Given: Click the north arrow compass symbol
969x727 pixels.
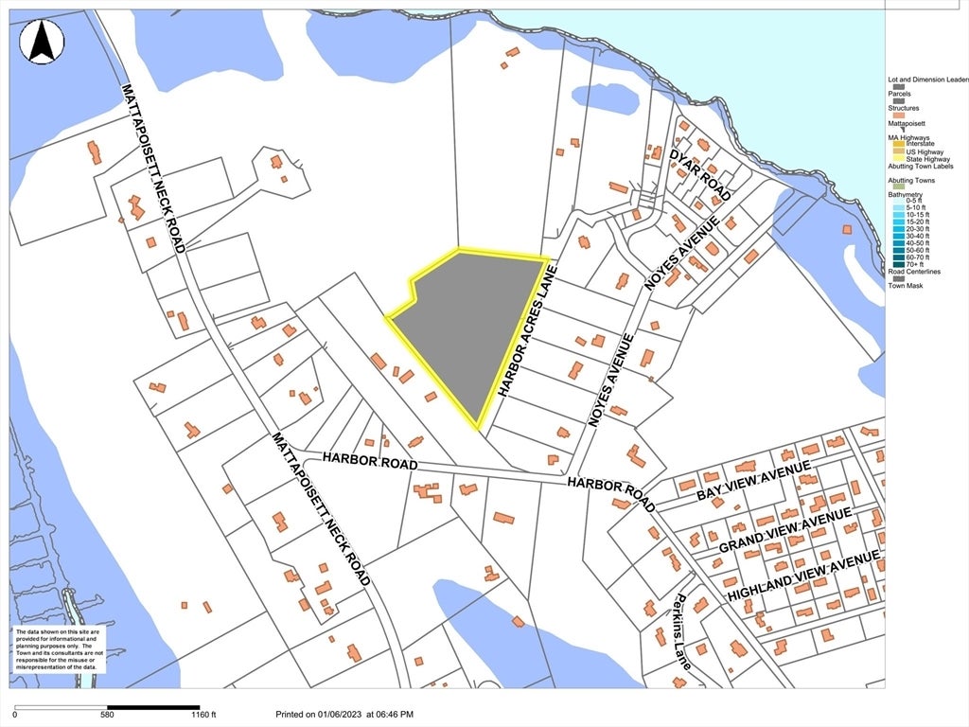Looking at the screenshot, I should coord(42,42).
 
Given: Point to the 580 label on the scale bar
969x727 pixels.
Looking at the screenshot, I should coord(106,716).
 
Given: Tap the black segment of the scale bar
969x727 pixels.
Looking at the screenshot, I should coord(152,706).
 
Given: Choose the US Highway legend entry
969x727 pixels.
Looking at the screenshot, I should coord(923,151).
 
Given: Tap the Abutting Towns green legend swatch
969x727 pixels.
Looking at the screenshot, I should coord(894,186).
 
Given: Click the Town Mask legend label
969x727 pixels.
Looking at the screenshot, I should coord(907,286).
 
